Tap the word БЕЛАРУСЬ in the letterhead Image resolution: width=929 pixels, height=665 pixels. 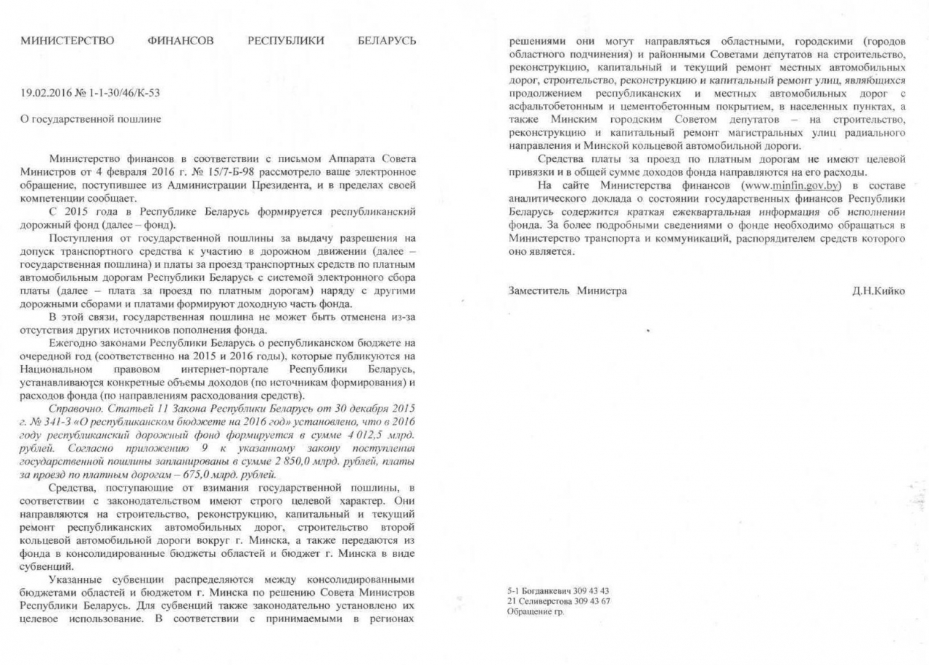[x=387, y=41]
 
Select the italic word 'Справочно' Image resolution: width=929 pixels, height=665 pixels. [x=72, y=409]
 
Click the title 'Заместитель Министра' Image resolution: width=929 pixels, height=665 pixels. [x=568, y=290]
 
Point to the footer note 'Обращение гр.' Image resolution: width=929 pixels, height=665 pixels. [x=535, y=612]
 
